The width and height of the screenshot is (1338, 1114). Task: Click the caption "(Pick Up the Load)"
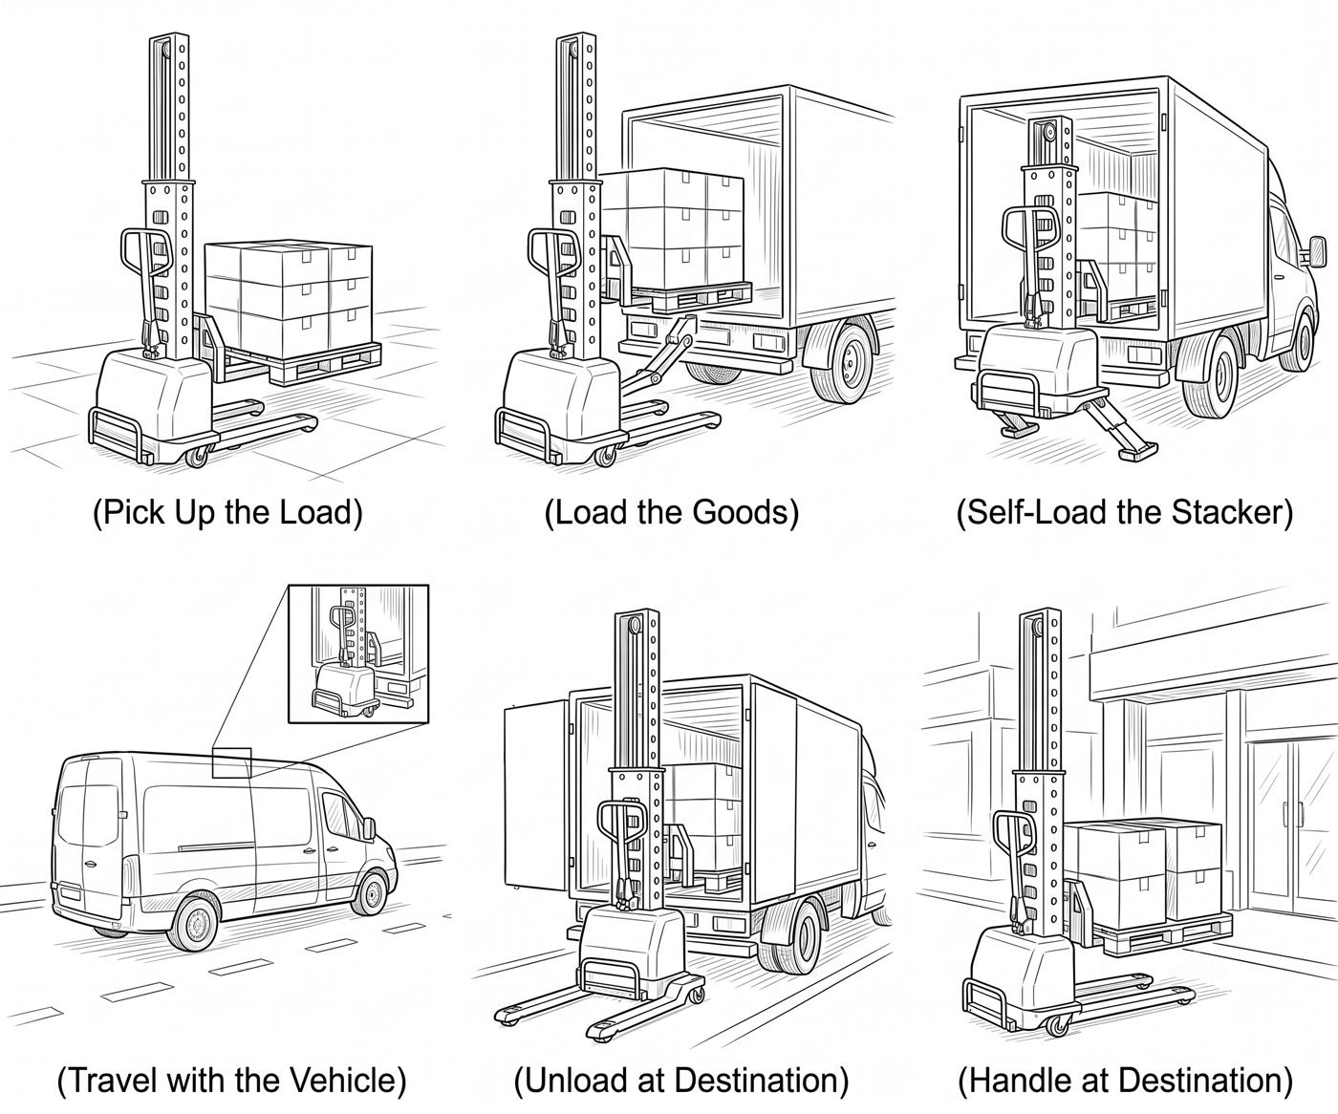click(x=227, y=512)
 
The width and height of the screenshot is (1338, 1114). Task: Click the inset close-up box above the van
click(x=358, y=653)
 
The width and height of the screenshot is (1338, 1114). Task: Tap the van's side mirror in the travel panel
click(x=369, y=827)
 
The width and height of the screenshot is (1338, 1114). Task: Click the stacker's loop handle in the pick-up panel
click(x=146, y=256)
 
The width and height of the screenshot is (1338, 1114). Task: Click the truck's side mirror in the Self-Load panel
click(x=1317, y=251)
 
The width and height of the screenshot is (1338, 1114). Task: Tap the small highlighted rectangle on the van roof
click(x=232, y=762)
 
